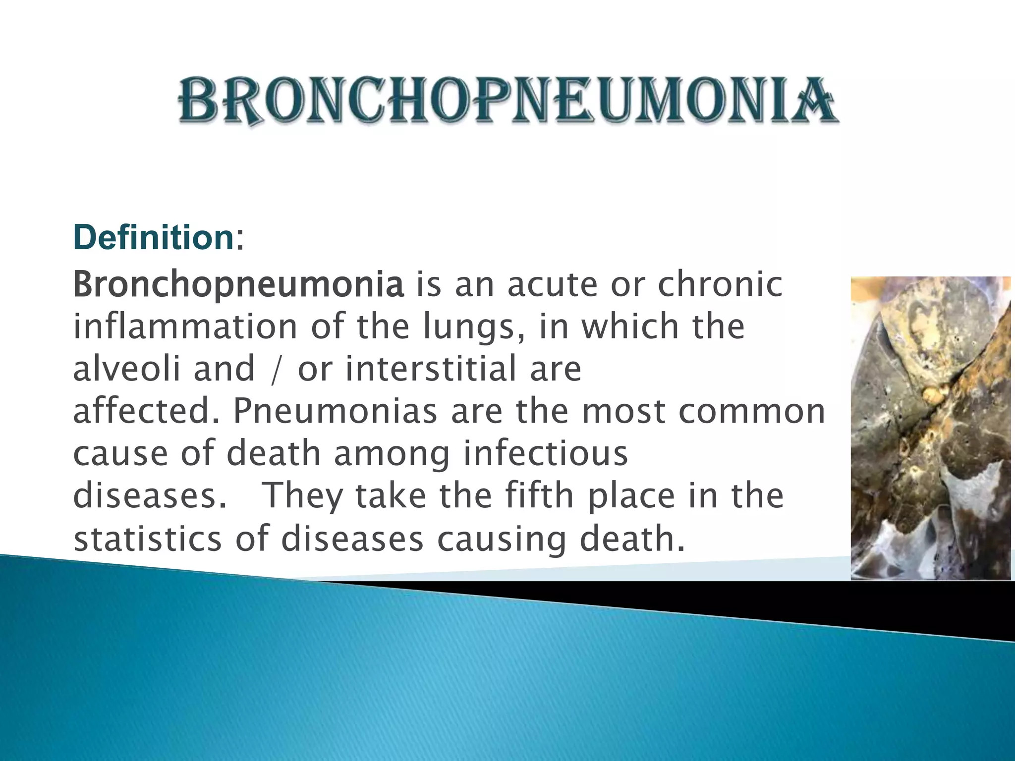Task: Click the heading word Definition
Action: pyautogui.click(x=153, y=237)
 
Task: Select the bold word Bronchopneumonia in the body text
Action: pyautogui.click(x=238, y=285)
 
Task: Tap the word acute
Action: pyautogui.click(x=552, y=285)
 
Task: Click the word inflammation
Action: pyautogui.click(x=185, y=327)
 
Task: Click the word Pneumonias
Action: pyautogui.click(x=335, y=411)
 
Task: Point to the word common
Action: pyautogui.click(x=751, y=411)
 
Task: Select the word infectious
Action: pyautogui.click(x=546, y=453)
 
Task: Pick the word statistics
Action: pyautogui.click(x=147, y=539)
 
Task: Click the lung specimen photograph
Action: pyautogui.click(x=930, y=428)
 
